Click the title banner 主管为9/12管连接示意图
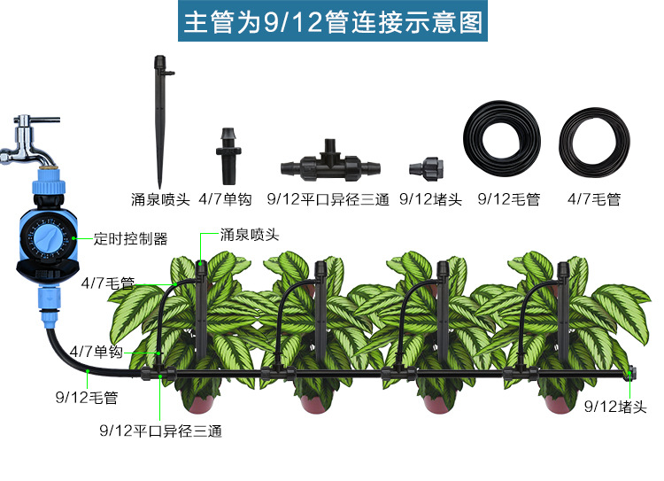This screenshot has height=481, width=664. [332, 22]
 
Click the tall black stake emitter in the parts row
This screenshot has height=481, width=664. [160, 115]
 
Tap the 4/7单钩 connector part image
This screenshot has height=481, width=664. [228, 155]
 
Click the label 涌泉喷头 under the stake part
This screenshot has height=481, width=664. [160, 200]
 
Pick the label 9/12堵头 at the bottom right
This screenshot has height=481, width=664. [616, 407]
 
